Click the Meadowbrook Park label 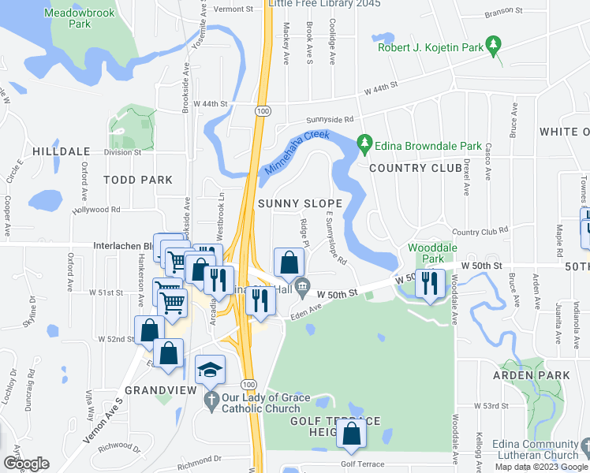point(80,19)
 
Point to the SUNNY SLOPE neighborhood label point(301,203)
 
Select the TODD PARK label point(138,180)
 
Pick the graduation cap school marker point(210,371)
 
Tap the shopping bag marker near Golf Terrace point(350,434)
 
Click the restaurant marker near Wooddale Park point(429,281)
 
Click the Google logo point(26,463)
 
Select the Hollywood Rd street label point(95,210)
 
